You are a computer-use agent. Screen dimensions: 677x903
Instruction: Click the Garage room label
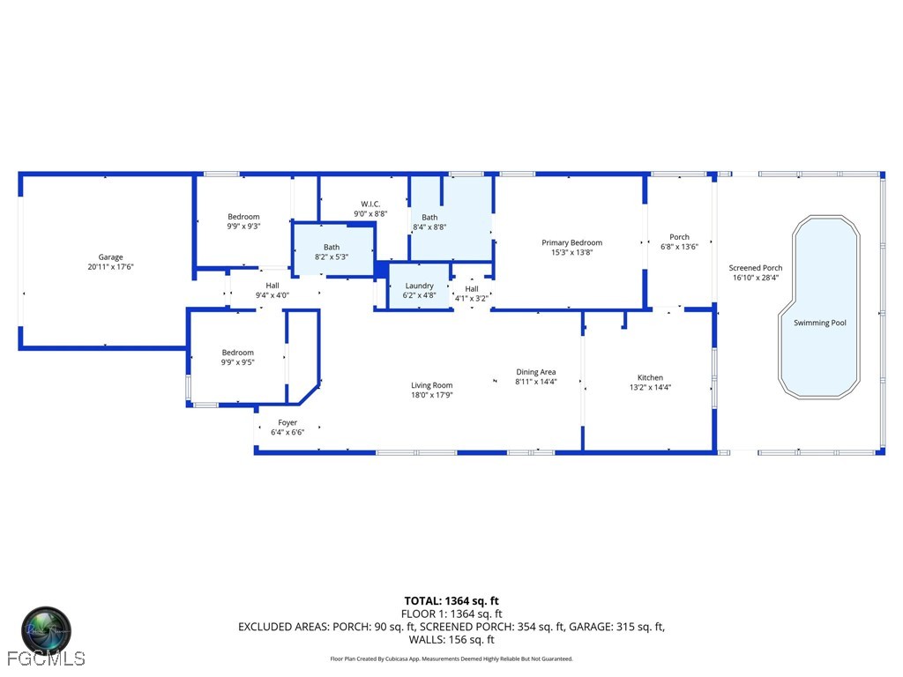110,257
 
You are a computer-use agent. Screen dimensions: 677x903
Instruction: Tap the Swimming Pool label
819,323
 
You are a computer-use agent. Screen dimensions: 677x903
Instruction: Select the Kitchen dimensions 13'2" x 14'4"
650,387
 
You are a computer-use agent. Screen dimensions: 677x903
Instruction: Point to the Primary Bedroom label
571,242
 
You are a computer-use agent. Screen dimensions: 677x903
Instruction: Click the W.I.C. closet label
370,204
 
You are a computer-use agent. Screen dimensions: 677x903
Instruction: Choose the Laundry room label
419,286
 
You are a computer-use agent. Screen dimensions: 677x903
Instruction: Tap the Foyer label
287,422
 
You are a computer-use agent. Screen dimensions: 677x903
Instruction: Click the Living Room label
431,384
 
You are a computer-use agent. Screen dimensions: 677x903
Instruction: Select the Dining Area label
536,372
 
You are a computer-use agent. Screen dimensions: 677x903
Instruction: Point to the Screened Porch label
755,268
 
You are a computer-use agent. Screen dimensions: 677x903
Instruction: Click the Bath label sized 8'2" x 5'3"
332,248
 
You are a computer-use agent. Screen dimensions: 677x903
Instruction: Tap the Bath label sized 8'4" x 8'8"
429,217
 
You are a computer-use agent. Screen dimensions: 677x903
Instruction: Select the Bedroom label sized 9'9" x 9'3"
243,217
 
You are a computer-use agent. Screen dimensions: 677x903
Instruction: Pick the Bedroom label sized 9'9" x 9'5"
237,353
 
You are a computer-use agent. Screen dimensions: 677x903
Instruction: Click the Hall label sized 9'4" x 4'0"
272,286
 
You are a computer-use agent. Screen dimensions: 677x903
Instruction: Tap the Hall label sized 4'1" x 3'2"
472,288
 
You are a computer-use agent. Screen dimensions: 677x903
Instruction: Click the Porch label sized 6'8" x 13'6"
679,237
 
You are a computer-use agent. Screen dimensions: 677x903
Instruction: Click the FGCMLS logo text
45,658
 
